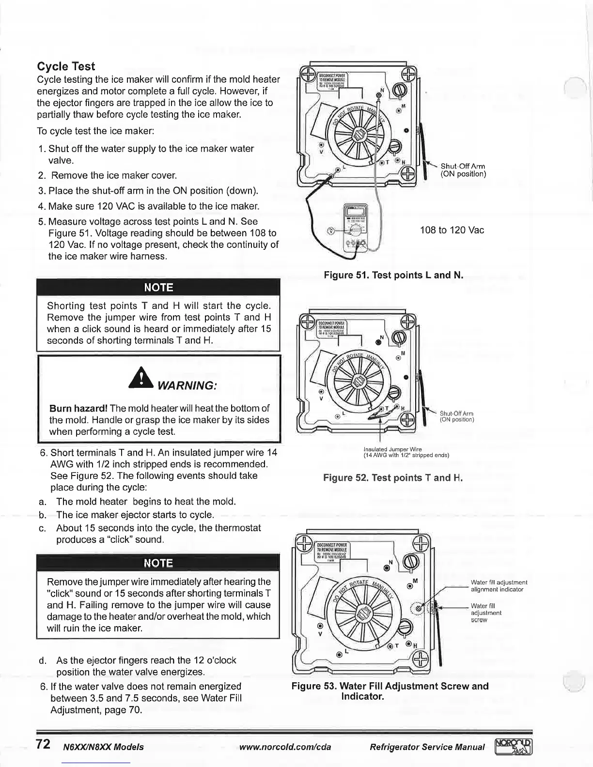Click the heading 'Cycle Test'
point(66,67)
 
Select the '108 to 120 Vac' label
point(452,230)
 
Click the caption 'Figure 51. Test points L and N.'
point(393,276)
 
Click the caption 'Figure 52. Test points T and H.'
point(393,478)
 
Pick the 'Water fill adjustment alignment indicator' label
point(499,586)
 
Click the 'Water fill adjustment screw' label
point(486,613)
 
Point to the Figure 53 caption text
point(390,691)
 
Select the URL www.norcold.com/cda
point(285,747)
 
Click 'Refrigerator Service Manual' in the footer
point(426,747)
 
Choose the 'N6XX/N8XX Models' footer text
point(103,747)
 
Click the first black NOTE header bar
point(159,288)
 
